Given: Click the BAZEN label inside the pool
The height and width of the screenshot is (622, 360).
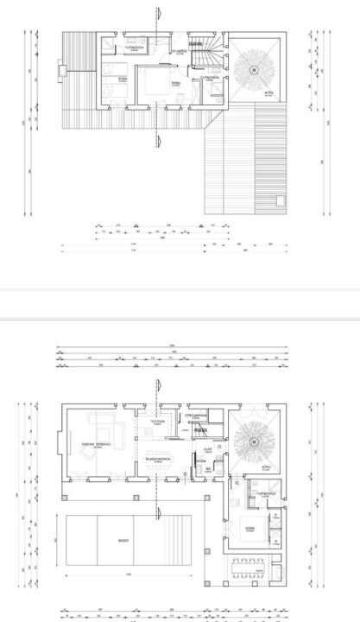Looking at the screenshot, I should point(123,541).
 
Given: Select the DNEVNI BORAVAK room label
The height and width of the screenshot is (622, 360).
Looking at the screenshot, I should point(93,445).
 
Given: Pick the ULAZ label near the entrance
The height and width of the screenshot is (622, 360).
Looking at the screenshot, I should point(207,449).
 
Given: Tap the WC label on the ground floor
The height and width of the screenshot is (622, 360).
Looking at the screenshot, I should point(208,469).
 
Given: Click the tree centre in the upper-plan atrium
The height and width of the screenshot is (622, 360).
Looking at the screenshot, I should point(256,70).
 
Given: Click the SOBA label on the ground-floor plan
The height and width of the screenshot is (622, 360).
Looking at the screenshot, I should point(249,528).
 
